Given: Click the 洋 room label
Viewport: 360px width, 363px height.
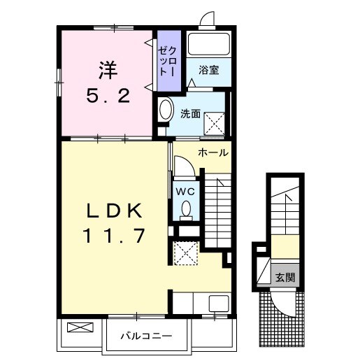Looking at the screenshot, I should pos(106,70).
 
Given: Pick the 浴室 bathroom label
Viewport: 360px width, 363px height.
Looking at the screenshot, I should pos(208,70).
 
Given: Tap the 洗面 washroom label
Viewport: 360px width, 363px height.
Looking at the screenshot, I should pos(191,113).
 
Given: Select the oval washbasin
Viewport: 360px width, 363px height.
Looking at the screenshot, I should pos(166,111).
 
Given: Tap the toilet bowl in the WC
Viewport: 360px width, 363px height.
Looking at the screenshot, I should pos(187,208).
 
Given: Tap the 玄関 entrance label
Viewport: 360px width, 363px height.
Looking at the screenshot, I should pos(285,276).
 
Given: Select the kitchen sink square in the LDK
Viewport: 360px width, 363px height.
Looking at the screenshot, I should pos(218,304).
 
